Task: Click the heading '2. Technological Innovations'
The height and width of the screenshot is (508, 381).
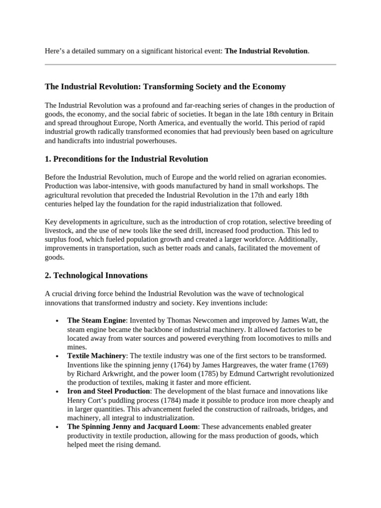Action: (x=96, y=275)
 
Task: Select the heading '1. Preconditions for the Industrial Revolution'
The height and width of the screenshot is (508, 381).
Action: (x=127, y=159)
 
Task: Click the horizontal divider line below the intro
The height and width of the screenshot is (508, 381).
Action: (x=190, y=64)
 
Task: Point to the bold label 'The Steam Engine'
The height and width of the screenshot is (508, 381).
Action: (x=97, y=320)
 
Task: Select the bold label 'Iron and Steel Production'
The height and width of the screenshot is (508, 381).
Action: (x=109, y=391)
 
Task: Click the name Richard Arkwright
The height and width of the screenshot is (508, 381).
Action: (x=102, y=374)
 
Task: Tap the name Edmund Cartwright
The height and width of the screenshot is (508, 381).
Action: (x=289, y=374)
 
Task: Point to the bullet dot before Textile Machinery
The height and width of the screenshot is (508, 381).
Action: (x=58, y=356)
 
